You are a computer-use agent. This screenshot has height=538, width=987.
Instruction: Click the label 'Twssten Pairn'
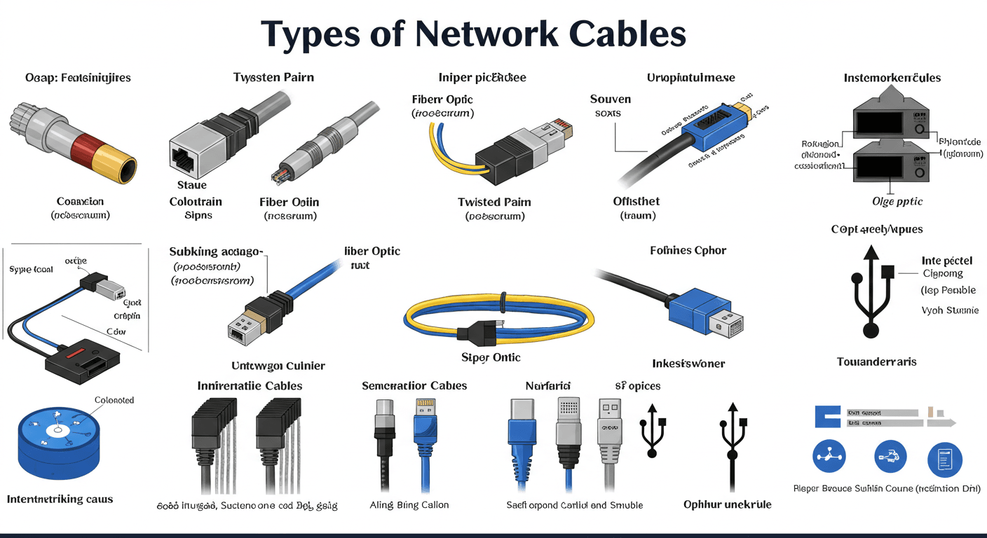point(273,78)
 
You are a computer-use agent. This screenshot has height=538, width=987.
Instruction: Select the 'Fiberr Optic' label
point(442,99)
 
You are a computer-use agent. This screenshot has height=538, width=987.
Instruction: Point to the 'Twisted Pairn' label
point(494,202)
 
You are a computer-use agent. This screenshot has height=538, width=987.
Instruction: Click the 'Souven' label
point(611,99)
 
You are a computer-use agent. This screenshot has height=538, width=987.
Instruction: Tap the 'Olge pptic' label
point(897,201)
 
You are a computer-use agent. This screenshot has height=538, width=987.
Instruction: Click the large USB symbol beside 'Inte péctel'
point(871,291)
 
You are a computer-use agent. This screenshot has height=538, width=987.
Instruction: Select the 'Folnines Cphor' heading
point(688,250)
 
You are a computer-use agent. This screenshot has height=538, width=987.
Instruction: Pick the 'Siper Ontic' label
point(491,357)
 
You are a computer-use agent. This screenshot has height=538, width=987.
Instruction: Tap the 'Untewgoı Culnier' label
point(278,366)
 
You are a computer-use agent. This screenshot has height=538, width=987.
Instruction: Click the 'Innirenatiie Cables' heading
point(250,386)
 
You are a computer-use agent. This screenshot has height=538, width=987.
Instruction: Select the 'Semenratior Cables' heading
point(414,386)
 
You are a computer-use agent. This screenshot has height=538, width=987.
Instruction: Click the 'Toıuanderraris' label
point(876,362)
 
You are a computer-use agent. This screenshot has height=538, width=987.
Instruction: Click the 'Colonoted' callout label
point(114,400)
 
